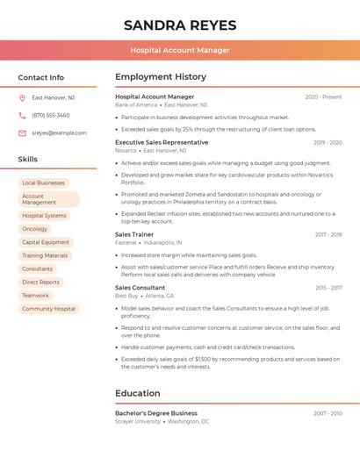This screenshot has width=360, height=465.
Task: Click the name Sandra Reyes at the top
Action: tap(180, 25)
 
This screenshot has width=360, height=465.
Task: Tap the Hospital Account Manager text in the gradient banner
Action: tap(180, 50)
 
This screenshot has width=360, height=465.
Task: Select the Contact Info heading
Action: tap(40, 77)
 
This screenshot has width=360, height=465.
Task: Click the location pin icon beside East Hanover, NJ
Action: tap(22, 97)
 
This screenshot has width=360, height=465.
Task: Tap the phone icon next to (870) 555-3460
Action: tap(22, 115)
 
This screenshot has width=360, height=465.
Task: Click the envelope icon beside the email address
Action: tap(22, 132)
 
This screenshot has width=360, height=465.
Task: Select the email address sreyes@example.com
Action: tap(59, 132)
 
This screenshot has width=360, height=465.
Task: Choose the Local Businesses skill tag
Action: tap(43, 182)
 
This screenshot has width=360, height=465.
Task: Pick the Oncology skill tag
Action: tap(35, 229)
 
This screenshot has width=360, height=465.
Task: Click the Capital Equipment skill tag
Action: tap(46, 242)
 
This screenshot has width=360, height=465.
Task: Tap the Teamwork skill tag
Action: tap(35, 296)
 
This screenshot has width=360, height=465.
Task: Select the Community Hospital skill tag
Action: tap(48, 309)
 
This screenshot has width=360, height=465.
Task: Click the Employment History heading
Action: tap(161, 77)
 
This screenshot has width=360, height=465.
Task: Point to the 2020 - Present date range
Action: tap(323, 97)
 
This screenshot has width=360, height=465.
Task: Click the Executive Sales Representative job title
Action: tap(162, 142)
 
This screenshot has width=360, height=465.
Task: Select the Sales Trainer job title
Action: tap(134, 234)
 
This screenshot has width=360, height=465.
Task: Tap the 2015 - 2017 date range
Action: tap(328, 288)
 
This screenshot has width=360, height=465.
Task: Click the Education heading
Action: tap(138, 393)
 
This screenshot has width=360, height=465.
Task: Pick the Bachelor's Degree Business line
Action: tap(156, 412)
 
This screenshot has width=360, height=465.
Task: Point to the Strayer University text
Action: tap(138, 421)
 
